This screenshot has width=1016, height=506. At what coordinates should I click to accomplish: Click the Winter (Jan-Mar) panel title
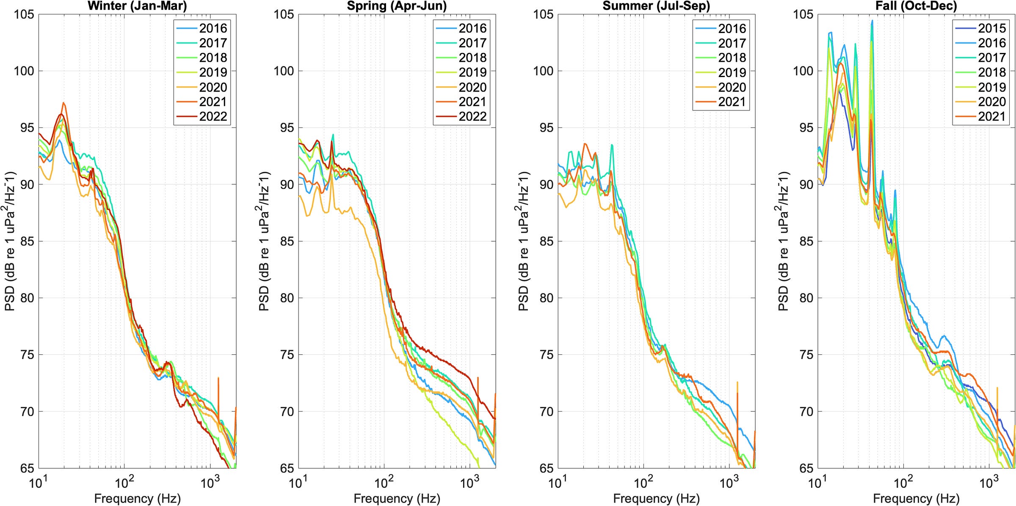[137, 6]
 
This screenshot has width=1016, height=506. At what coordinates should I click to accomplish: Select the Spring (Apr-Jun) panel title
[397, 6]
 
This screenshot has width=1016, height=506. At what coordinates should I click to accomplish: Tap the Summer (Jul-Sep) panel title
[656, 6]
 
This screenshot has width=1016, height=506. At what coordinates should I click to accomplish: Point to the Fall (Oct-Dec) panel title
[916, 6]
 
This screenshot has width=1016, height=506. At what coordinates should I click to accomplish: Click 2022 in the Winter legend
[213, 116]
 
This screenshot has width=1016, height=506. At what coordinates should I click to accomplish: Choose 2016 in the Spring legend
[472, 28]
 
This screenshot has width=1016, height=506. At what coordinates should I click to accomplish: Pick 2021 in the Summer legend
[732, 102]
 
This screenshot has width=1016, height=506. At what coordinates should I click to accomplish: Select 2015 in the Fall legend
[991, 28]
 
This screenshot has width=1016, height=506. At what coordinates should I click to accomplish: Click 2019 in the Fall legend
[991, 87]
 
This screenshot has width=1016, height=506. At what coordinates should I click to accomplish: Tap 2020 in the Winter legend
[213, 87]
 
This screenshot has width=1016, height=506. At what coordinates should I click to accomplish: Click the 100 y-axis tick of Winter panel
[24, 71]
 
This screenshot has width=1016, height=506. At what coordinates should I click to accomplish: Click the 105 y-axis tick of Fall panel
[803, 14]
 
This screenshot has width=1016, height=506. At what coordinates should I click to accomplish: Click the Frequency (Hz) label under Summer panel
[656, 498]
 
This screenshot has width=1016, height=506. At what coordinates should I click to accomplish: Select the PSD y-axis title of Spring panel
[265, 241]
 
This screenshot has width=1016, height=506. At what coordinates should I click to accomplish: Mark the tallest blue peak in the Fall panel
[872, 20]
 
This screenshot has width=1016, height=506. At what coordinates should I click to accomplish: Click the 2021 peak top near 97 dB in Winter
[63, 103]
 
